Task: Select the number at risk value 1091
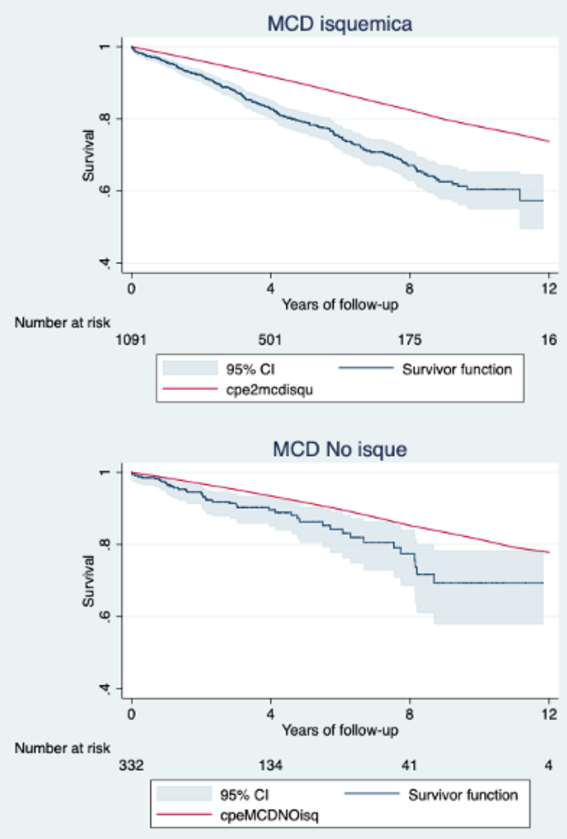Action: (x=132, y=340)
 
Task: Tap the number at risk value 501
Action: (x=270, y=340)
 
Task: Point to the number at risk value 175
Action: (x=410, y=340)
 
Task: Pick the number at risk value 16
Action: (x=548, y=340)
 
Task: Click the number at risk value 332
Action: (x=132, y=766)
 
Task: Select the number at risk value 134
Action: (x=270, y=766)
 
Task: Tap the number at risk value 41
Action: (x=410, y=766)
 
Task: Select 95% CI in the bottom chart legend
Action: (x=261, y=795)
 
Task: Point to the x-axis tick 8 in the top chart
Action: (x=410, y=287)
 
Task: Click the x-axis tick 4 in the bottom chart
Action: (x=270, y=713)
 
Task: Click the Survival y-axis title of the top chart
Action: (x=87, y=155)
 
